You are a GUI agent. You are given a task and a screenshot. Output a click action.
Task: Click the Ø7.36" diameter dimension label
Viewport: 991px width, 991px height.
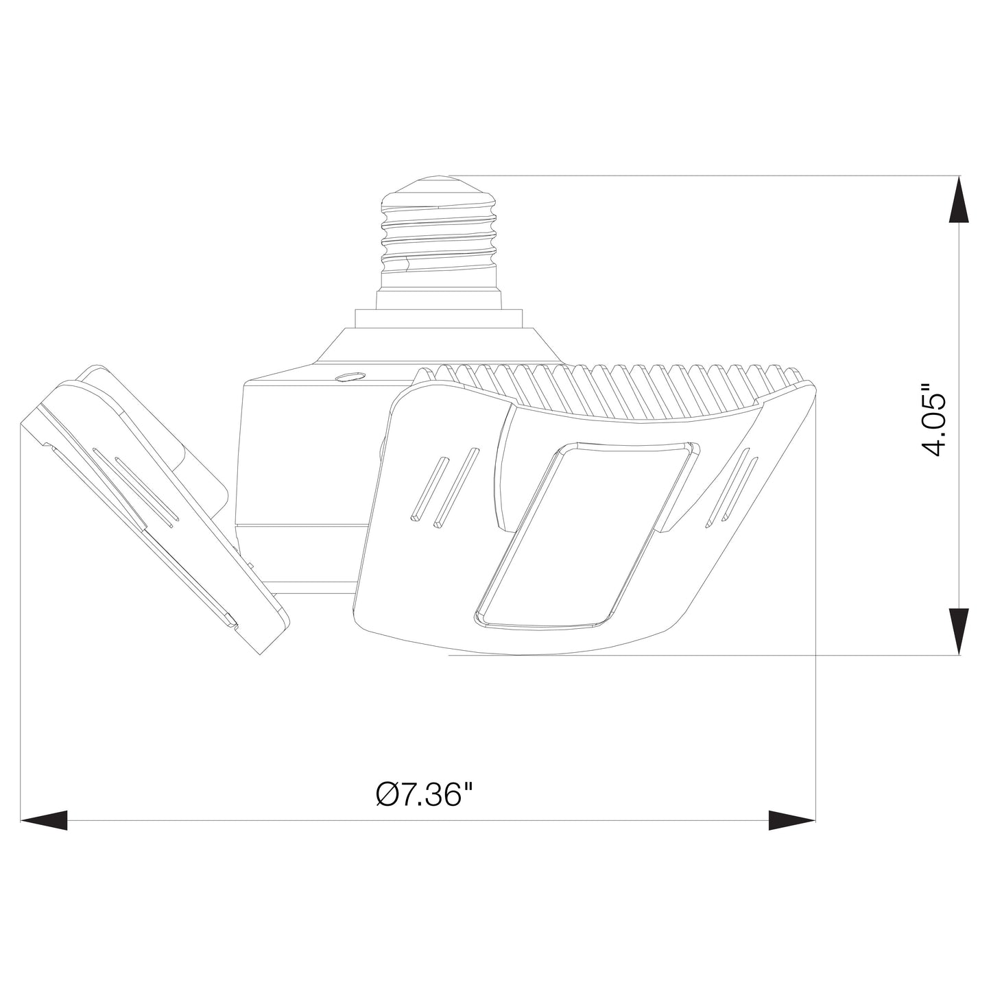tap(425, 795)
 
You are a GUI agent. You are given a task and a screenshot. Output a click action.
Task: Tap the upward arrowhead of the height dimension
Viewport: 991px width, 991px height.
tap(959, 199)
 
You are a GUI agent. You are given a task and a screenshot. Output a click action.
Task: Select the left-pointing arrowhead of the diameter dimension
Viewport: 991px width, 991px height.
tap(45, 820)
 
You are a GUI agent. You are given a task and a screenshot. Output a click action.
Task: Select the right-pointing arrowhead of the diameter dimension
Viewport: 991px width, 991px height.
tap(792, 820)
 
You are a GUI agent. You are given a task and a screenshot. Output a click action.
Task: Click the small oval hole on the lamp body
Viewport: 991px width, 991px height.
tap(350, 376)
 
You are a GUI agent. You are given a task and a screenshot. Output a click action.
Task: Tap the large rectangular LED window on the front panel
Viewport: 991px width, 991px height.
tap(586, 535)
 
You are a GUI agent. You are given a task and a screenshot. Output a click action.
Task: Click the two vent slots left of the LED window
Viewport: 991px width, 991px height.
tap(444, 487)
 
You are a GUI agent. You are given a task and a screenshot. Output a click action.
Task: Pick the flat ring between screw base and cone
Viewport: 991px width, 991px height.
tap(439, 319)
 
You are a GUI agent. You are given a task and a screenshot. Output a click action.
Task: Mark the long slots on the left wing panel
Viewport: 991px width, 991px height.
tap(137, 487)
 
